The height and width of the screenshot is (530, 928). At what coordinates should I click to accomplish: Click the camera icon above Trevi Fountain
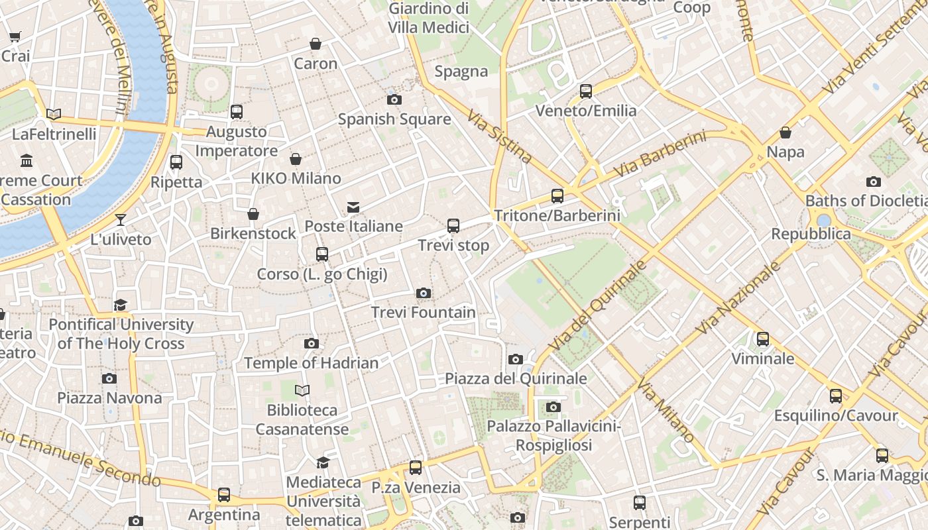pyautogui.click(x=424, y=293)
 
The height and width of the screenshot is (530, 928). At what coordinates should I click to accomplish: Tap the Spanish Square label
pyautogui.click(x=394, y=119)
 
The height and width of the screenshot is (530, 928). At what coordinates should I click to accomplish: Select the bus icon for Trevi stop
pyautogui.click(x=453, y=226)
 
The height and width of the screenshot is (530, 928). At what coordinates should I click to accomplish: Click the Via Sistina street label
pyautogui.click(x=500, y=137)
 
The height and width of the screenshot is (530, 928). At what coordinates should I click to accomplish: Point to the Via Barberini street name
pyautogui.click(x=660, y=154)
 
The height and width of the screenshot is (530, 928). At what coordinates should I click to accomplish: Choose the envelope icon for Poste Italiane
pyautogui.click(x=353, y=207)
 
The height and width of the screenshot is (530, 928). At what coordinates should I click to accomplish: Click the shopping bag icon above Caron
pyautogui.click(x=316, y=44)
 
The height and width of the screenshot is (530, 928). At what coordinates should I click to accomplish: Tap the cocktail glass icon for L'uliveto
pyautogui.click(x=121, y=220)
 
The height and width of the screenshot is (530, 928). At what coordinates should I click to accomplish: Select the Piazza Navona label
pyautogui.click(x=109, y=397)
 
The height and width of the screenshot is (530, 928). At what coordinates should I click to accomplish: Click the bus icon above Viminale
pyautogui.click(x=763, y=339)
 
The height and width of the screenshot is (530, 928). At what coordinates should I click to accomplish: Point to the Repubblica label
pyautogui.click(x=811, y=234)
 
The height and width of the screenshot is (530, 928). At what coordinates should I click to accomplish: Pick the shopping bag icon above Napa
pyautogui.click(x=785, y=132)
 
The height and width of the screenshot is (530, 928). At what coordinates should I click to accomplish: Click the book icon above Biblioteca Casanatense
pyautogui.click(x=302, y=391)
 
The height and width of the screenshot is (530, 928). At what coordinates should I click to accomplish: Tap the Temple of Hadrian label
pyautogui.click(x=312, y=363)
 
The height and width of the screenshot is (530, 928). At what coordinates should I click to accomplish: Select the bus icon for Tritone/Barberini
pyautogui.click(x=557, y=196)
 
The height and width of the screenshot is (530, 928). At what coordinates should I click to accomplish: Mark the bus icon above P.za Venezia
pyautogui.click(x=416, y=468)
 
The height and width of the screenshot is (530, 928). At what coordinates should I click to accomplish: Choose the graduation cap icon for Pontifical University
pyautogui.click(x=120, y=305)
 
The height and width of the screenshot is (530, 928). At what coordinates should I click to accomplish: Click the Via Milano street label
pyautogui.click(x=666, y=410)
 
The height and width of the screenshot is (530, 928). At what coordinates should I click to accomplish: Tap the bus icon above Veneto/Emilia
pyautogui.click(x=586, y=91)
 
